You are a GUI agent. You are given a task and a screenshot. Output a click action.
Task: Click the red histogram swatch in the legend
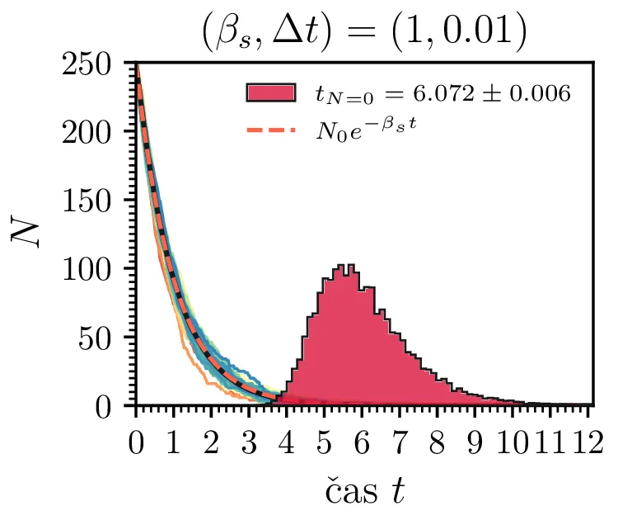click(x=269, y=92)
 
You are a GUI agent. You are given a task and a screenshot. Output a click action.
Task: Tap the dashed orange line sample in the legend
click(x=269, y=131)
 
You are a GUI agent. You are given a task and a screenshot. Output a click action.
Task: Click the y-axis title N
click(x=26, y=234)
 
